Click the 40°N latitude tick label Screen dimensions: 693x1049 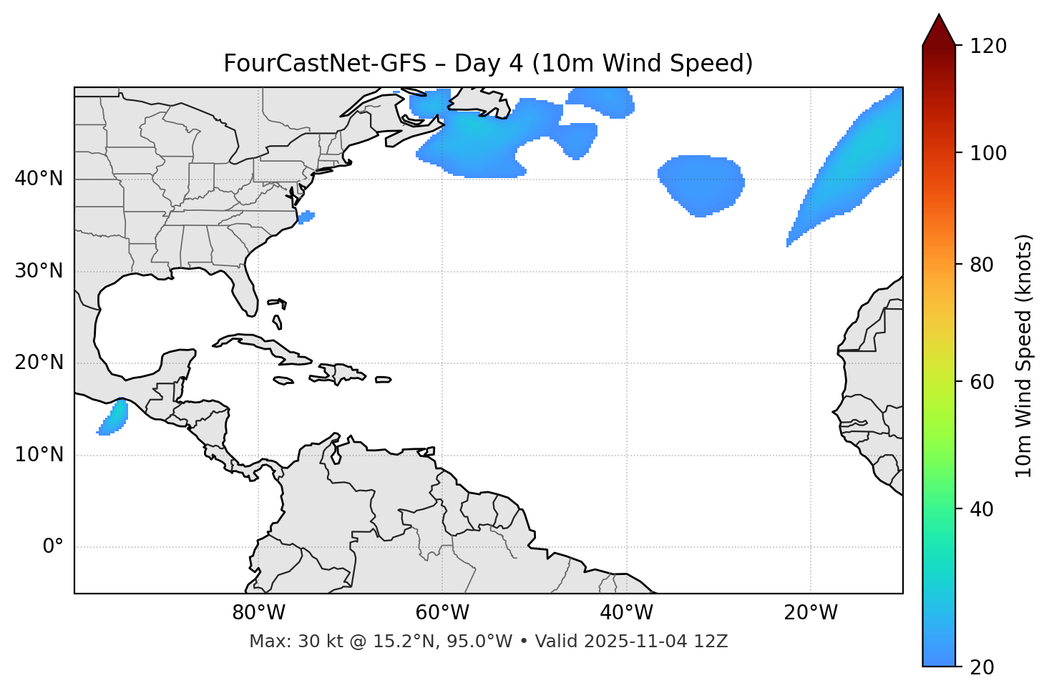click(39, 179)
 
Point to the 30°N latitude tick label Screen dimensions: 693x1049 click(39, 271)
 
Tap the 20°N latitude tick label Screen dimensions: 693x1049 click(39, 363)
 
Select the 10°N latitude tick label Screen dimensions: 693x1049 click(39, 455)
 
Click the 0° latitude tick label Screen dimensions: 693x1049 click(53, 547)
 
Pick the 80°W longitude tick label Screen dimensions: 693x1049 click(258, 613)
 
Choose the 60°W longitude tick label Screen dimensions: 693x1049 click(442, 613)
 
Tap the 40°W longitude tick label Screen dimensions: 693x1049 click(626, 613)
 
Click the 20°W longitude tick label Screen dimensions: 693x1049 click(810, 613)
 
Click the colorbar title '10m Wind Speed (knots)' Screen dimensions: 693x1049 click(1024, 355)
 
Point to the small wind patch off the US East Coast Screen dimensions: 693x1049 click(306, 216)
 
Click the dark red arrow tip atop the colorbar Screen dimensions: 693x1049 click(939, 29)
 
